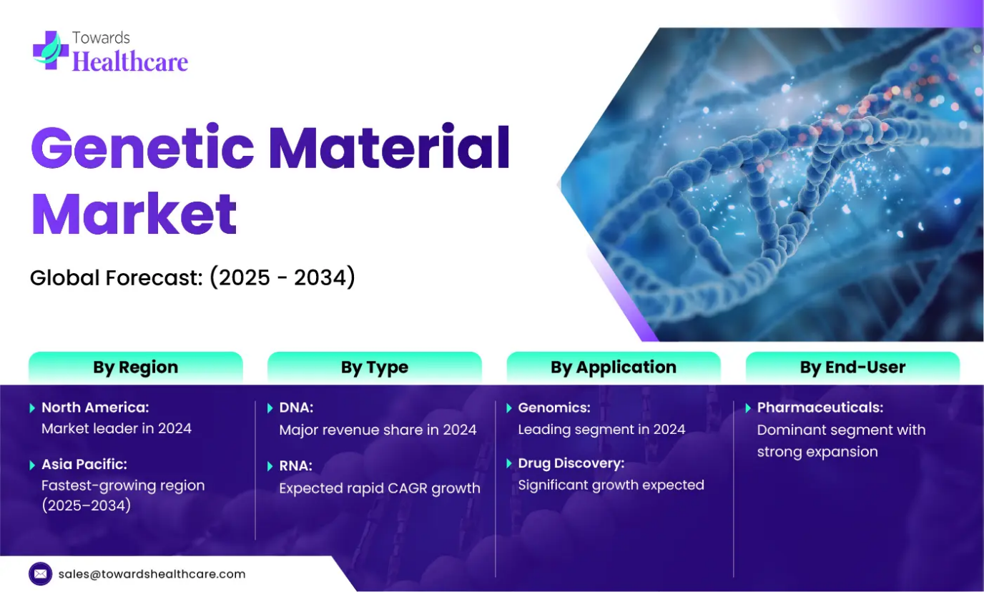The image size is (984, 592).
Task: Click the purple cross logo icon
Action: [51, 50]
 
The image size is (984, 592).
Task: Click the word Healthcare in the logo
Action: [130, 61]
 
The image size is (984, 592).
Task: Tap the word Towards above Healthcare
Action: [101, 38]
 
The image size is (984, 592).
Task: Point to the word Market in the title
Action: [134, 214]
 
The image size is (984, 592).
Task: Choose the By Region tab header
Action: [136, 367]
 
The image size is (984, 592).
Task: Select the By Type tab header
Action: [374, 367]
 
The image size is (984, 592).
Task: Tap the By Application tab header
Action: [614, 367]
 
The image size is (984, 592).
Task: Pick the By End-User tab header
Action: [852, 367]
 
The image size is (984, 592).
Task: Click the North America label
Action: [95, 408]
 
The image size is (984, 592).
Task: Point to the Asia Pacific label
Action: [84, 464]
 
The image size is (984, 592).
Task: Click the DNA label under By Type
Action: [296, 408]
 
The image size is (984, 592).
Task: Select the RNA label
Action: [295, 465]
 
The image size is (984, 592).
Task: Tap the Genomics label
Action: [554, 408]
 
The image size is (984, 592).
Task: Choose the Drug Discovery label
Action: [571, 463]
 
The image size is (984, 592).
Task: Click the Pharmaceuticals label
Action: [820, 408]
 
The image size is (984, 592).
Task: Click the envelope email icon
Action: [41, 573]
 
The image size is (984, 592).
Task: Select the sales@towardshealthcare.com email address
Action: [152, 574]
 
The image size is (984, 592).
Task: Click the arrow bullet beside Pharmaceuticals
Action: [748, 408]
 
